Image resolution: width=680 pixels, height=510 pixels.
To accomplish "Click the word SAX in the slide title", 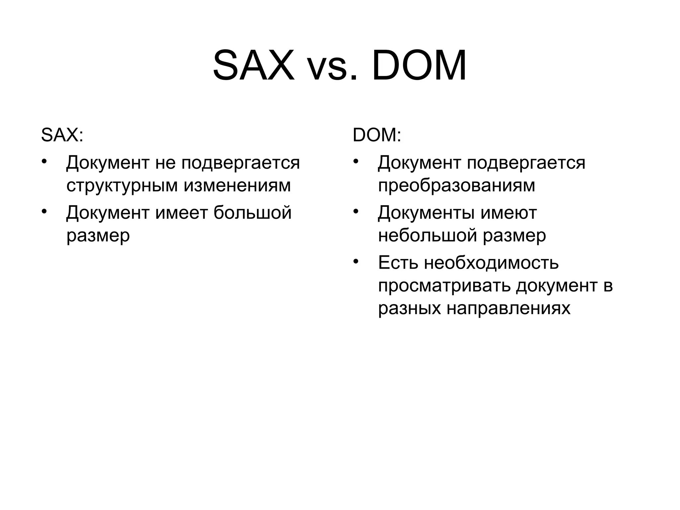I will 254,65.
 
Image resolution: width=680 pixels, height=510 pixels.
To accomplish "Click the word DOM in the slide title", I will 419,65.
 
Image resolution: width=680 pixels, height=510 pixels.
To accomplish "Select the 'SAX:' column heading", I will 62,135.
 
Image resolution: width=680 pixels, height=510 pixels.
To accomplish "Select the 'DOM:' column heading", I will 377,135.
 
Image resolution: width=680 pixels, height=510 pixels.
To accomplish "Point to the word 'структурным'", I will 122,186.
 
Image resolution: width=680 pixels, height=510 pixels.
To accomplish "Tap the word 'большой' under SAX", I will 252,212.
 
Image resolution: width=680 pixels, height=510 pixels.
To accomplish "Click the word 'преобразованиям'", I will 457,186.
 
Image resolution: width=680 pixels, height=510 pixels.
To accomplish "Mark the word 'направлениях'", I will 508,308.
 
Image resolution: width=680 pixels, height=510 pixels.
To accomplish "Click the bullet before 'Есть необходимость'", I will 356,261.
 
